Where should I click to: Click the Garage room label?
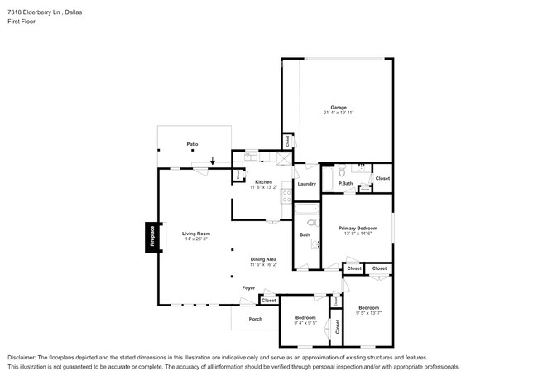point(339,107)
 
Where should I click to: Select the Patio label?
point(192,144)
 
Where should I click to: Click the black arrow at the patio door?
point(212,161)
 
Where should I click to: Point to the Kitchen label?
point(263,181)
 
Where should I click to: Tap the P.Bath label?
point(346,183)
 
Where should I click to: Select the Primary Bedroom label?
point(358,228)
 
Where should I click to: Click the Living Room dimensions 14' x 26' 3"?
point(196,239)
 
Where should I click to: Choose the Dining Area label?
point(263,259)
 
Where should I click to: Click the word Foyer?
point(248,287)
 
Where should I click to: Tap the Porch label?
point(255,319)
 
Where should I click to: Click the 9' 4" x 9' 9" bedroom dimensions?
point(305,323)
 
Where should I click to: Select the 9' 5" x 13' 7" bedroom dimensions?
point(368,312)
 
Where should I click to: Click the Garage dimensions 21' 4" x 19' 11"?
point(339,113)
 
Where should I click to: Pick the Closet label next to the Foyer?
point(268,300)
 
